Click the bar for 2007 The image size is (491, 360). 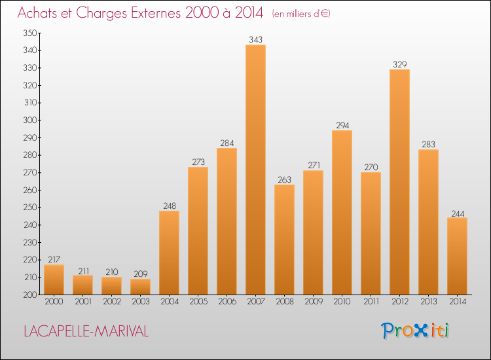pos(255,170)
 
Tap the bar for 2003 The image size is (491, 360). pos(140,287)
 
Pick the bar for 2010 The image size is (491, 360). pos(342,213)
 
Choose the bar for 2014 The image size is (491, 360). pos(457,256)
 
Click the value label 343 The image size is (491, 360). pos(255,40)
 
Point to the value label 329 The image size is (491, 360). pos(399,64)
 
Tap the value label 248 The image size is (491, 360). pos(169,206)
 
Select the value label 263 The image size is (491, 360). pos(284,179)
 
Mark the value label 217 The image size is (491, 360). pos(54,259)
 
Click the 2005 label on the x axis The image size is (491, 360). pos(198,302)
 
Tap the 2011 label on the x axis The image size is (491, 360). pos(371,302)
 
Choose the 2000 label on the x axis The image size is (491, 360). pos(54,302)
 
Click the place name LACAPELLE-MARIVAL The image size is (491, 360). pos(86,331)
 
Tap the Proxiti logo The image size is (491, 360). pos(415,331)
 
